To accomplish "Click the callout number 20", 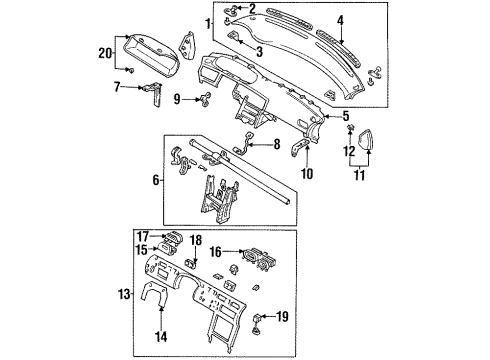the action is (105, 53).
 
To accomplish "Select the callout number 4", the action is (340, 20).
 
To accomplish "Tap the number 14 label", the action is (161, 336).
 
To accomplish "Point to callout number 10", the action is (307, 173).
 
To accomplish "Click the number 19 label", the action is (282, 316).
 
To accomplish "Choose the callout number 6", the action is (156, 180).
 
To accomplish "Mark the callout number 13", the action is (124, 294).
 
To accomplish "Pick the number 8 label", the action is (277, 144).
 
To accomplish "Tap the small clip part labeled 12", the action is (350, 127).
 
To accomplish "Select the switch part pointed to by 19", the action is (256, 322).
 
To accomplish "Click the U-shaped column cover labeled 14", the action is (155, 293).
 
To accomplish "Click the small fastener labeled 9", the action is (205, 99).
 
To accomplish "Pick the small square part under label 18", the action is (191, 263).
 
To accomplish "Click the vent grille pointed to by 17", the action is (172, 236).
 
